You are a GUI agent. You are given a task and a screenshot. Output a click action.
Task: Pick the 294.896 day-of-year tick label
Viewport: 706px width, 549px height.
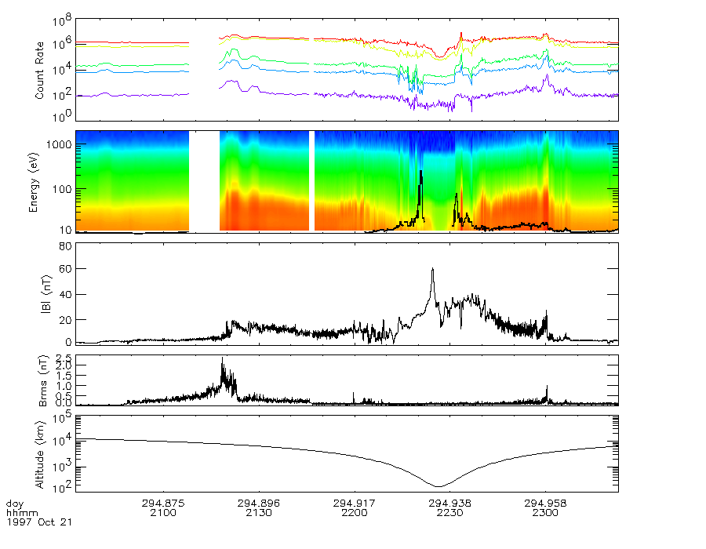click(259, 503)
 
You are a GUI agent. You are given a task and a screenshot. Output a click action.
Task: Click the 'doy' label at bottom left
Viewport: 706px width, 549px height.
click(15, 503)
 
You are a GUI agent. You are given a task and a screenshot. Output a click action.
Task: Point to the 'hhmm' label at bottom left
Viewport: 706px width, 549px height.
click(18, 513)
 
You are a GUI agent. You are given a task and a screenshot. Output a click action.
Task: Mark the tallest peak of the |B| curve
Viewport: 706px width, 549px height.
click(432, 268)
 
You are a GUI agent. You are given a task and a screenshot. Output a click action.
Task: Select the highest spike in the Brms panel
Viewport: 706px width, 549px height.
click(222, 358)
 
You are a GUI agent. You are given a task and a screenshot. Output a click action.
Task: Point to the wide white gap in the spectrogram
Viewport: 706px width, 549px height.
click(204, 181)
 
